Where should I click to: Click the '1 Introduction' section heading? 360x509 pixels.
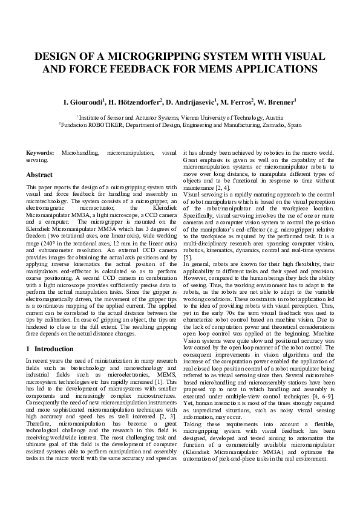pyautogui.click(x=50, y=349)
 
